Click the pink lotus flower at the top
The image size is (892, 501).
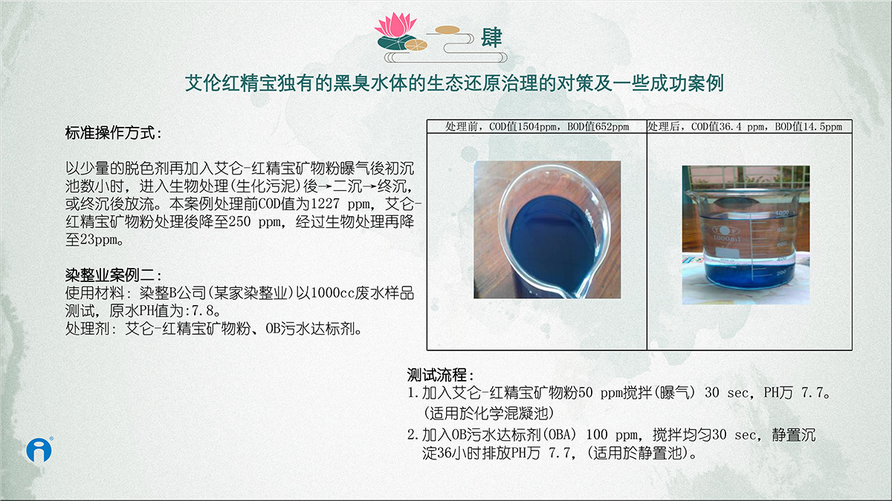coord(395,24)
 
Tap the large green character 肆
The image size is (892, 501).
coord(491,38)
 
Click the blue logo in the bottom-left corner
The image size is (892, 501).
coord(39,450)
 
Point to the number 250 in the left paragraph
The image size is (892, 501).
coord(239,221)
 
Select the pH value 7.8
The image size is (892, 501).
coord(203,310)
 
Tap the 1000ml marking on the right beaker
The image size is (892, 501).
coord(726,238)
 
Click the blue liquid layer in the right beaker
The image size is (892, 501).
coord(746,275)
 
